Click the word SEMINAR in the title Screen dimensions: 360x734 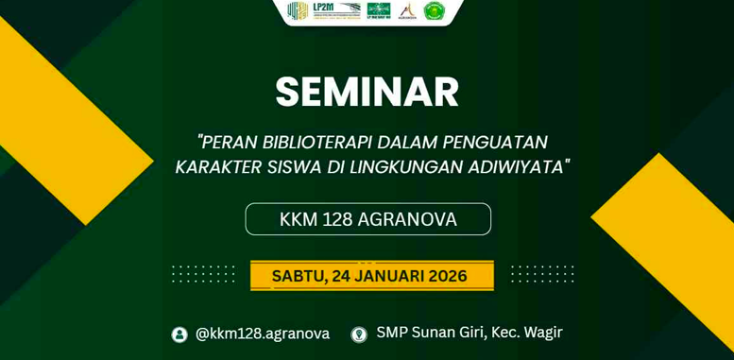(367, 93)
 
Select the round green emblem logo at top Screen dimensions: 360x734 (434, 11)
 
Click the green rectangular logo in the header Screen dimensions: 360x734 (378, 10)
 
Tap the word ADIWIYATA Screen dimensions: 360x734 (517, 167)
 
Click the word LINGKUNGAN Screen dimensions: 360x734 (404, 167)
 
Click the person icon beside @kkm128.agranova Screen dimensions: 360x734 (179, 334)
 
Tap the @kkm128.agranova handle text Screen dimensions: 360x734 (263, 334)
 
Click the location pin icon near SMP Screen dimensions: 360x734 (359, 334)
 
